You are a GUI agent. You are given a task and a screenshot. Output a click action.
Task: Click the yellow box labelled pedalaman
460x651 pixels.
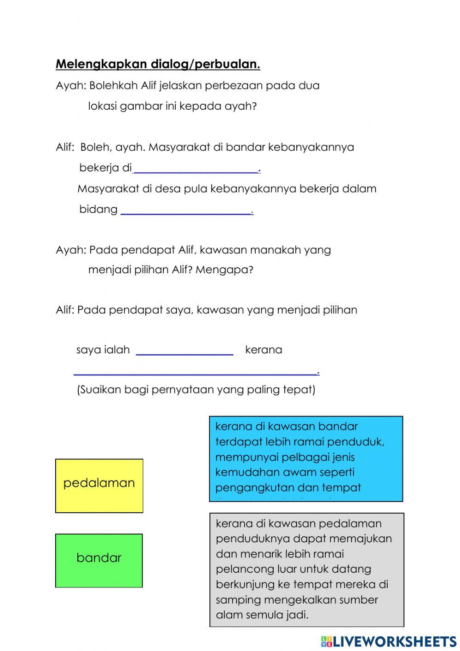(99, 486)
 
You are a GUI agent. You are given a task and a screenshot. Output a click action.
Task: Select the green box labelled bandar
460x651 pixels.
(99, 560)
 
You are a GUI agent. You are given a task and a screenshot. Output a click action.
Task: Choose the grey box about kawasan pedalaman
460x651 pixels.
(306, 569)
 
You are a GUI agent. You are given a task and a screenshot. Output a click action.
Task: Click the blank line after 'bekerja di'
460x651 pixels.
(196, 170)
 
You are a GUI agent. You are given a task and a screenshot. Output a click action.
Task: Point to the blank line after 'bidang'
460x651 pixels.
(186, 211)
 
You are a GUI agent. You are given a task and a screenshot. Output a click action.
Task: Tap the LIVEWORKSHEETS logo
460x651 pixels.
(389, 641)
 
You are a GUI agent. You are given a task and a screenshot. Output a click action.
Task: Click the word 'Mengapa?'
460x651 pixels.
(224, 270)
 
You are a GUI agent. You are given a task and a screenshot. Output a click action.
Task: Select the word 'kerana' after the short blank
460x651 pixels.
(264, 350)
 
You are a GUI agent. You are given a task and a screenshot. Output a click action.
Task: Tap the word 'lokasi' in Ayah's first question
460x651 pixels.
(102, 106)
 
